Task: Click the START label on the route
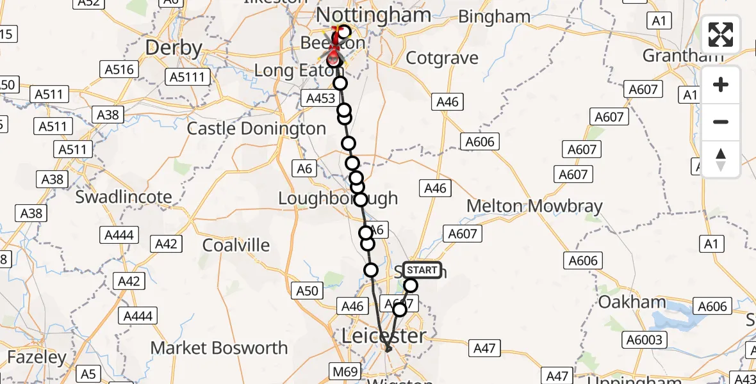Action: (422, 270)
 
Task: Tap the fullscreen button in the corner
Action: (721, 35)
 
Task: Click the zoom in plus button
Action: (721, 84)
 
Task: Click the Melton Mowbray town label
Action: (534, 206)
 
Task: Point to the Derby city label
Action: (174, 48)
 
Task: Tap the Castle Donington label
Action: (256, 129)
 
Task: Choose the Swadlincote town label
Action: (124, 196)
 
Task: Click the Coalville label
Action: (236, 245)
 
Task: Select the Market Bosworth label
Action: (218, 348)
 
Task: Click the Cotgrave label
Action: (442, 58)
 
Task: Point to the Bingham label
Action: (494, 17)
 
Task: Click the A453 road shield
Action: (320, 98)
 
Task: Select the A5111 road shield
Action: (188, 77)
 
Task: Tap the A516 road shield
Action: (120, 69)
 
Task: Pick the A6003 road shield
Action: (645, 339)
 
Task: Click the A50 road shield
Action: (308, 291)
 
